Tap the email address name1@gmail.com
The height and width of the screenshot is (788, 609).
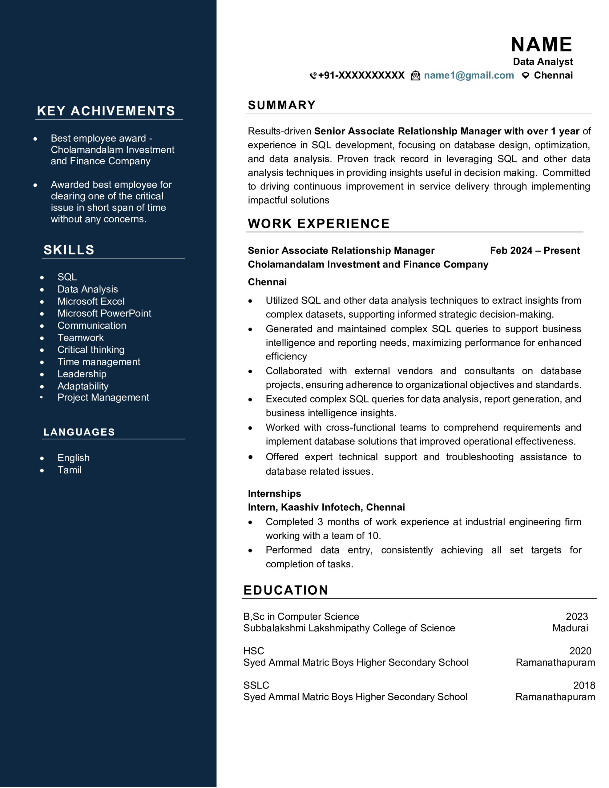click(x=469, y=75)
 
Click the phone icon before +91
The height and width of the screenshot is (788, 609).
click(x=313, y=76)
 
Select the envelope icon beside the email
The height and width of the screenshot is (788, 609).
click(x=415, y=76)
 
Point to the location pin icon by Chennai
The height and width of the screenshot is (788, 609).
click(x=526, y=75)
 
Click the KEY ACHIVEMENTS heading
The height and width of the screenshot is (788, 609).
click(x=106, y=111)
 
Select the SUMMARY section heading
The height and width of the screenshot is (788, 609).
click(x=282, y=105)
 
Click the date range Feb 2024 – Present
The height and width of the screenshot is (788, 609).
click(x=534, y=250)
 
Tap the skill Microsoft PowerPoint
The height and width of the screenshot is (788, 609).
click(x=104, y=313)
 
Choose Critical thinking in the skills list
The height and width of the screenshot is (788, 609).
click(x=91, y=350)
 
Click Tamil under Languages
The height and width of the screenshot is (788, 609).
click(x=69, y=470)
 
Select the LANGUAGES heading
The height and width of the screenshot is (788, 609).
click(x=79, y=432)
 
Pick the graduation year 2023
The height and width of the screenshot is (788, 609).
click(x=576, y=616)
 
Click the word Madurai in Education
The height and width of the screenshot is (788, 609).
click(x=570, y=628)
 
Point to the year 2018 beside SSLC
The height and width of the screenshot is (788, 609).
click(x=584, y=685)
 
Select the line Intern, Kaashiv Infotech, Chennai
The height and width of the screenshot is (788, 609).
click(x=326, y=507)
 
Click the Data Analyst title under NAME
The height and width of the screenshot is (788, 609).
click(x=542, y=62)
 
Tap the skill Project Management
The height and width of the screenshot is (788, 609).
click(x=103, y=397)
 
